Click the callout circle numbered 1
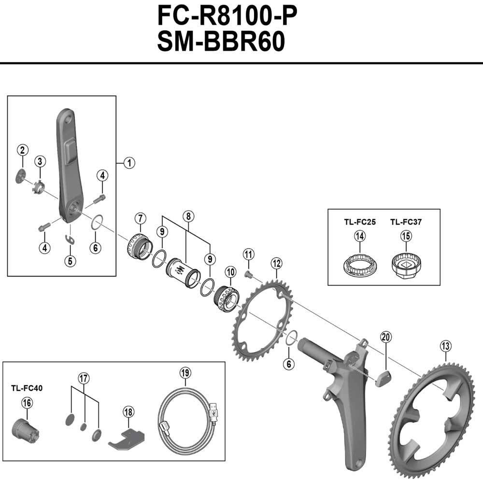click(x=128, y=163)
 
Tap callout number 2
click(x=22, y=149)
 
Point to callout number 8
click(x=187, y=216)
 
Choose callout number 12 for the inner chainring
click(x=276, y=264)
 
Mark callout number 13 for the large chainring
click(x=445, y=346)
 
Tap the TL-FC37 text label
click(x=406, y=222)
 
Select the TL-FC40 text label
click(x=27, y=387)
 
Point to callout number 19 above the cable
click(x=185, y=372)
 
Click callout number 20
click(x=385, y=337)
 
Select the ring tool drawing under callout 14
click(x=359, y=265)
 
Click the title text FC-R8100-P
click(x=226, y=16)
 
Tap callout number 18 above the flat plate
click(x=128, y=412)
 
